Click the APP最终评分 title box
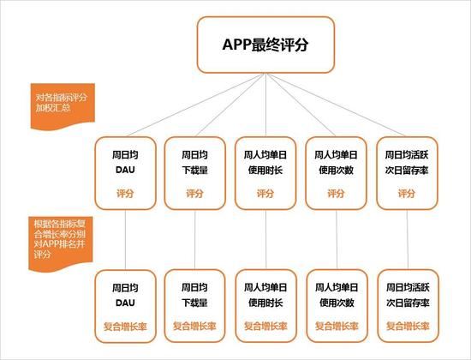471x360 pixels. click(x=265, y=45)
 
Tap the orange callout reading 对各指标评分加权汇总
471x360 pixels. click(x=63, y=106)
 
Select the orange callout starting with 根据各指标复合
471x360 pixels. click(x=61, y=243)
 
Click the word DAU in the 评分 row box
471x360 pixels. click(x=125, y=170)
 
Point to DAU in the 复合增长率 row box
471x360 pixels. click(x=125, y=303)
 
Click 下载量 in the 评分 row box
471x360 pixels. click(x=194, y=171)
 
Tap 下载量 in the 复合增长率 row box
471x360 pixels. click(x=194, y=303)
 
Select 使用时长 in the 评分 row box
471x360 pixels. click(x=265, y=171)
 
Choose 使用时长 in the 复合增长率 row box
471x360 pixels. click(x=265, y=303)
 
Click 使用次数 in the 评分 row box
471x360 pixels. click(x=337, y=171)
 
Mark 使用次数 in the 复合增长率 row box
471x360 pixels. click(x=337, y=303)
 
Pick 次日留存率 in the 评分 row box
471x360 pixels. click(x=407, y=171)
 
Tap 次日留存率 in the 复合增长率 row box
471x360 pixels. click(x=408, y=303)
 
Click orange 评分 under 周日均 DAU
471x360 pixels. click(x=125, y=194)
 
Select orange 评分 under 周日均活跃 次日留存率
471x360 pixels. click(x=407, y=194)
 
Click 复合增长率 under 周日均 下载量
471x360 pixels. click(x=194, y=327)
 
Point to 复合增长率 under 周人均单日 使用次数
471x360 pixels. click(x=337, y=327)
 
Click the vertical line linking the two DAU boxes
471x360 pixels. click(x=125, y=240)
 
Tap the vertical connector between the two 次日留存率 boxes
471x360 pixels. click(x=408, y=239)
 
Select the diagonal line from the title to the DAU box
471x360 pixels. click(x=196, y=105)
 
